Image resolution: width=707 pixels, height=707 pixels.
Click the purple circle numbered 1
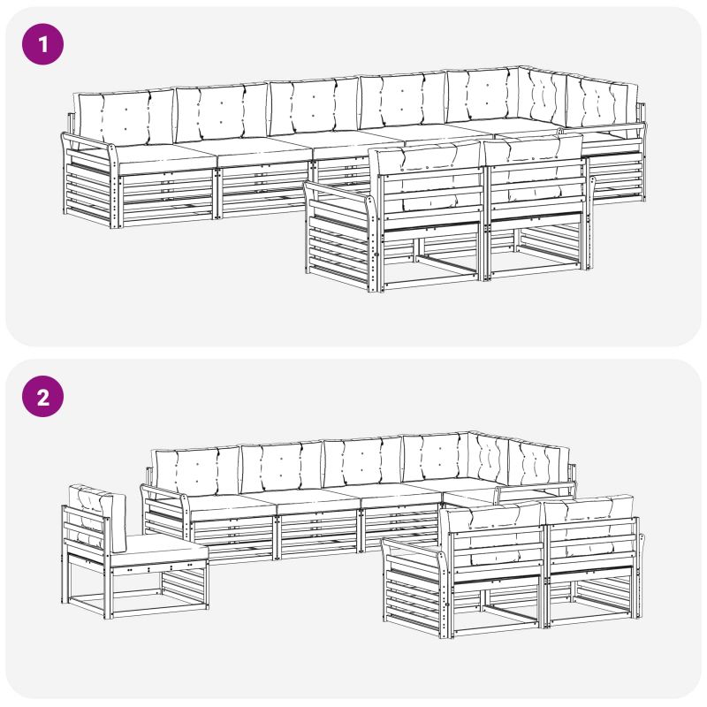[x=42, y=44]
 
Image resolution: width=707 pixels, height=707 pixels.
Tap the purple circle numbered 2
[x=42, y=396]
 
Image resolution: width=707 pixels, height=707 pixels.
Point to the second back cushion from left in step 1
[x=222, y=113]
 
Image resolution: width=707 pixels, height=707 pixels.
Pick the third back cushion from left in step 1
[x=314, y=107]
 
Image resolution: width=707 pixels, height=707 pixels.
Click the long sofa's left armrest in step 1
[x=90, y=180]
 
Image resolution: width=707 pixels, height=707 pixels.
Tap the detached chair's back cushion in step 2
[x=97, y=516]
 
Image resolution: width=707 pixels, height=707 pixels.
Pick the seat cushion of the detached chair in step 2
[x=158, y=549]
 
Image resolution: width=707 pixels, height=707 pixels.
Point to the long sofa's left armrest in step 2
[x=165, y=512]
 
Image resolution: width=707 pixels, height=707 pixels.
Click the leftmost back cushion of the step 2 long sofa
[x=197, y=472]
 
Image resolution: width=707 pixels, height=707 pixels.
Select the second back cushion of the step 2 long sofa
[x=281, y=467]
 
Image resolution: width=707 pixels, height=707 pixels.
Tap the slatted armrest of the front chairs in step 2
[x=414, y=586]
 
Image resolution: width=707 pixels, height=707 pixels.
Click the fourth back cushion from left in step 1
[x=403, y=102]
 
